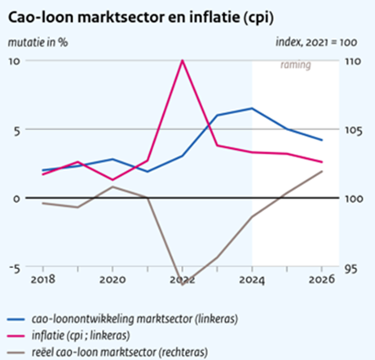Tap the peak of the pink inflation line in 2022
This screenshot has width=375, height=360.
point(182,60)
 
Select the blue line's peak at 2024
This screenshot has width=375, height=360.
point(252,108)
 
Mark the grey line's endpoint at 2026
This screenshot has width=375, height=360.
point(321,171)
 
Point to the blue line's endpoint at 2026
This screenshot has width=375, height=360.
point(321,140)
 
